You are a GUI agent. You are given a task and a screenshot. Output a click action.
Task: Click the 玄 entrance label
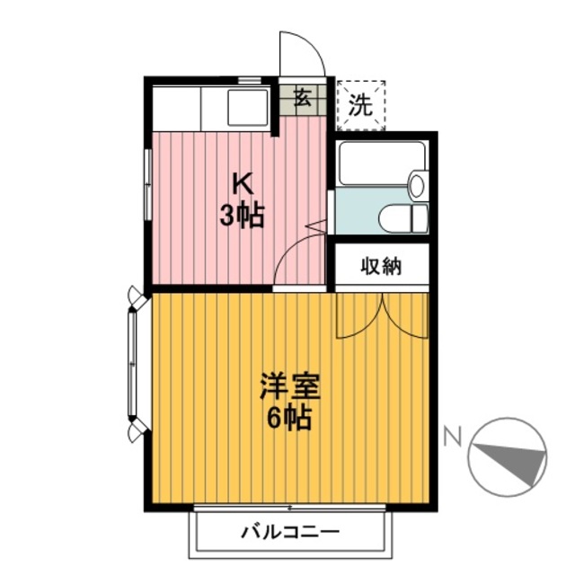tap(303, 97)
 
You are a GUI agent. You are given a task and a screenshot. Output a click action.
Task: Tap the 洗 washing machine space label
tap(360, 104)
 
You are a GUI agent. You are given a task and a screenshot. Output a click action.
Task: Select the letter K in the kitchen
tap(243, 184)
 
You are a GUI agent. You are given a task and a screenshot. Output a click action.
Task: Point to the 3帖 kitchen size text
tap(242, 216)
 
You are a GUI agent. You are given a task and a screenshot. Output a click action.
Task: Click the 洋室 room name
tap(289, 386)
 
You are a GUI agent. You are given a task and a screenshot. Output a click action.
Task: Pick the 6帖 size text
tap(289, 417)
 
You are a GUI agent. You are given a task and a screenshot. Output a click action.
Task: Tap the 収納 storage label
tap(381, 266)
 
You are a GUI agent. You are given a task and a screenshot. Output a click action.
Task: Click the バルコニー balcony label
tap(290, 531)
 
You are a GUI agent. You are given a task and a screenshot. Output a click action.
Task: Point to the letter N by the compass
tap(452, 436)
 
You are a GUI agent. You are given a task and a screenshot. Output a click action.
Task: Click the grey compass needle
tap(513, 463)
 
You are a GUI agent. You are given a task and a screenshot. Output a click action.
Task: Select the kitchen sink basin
tap(248, 108)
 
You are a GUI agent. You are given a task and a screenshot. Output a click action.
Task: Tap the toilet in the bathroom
tap(403, 218)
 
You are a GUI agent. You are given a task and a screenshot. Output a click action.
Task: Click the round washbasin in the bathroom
tap(416, 186)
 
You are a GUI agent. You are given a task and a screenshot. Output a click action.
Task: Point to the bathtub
tap(381, 164)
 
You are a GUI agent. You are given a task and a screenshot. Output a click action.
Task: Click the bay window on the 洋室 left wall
tap(133, 364)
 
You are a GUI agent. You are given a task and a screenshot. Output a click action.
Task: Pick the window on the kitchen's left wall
tap(147, 185)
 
